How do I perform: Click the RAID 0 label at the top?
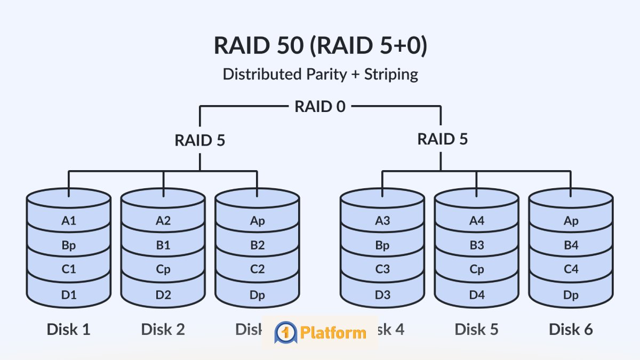click(320, 106)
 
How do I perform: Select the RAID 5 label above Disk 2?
click(200, 140)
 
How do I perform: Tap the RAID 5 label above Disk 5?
click(442, 139)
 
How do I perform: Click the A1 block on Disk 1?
click(69, 220)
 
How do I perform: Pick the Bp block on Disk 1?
click(69, 245)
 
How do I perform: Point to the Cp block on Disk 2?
click(163, 270)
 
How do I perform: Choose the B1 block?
click(163, 245)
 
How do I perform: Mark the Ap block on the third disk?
click(257, 220)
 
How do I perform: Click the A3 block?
click(382, 220)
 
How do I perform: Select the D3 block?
click(382, 294)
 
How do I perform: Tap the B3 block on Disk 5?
click(477, 245)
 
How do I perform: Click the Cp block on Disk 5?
click(477, 270)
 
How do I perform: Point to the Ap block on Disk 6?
click(571, 220)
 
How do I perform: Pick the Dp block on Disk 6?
click(571, 294)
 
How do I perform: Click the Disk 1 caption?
click(69, 329)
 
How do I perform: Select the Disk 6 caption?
click(571, 329)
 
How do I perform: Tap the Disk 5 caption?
click(477, 329)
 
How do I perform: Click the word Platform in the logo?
click(333, 333)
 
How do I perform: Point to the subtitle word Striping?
click(391, 74)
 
